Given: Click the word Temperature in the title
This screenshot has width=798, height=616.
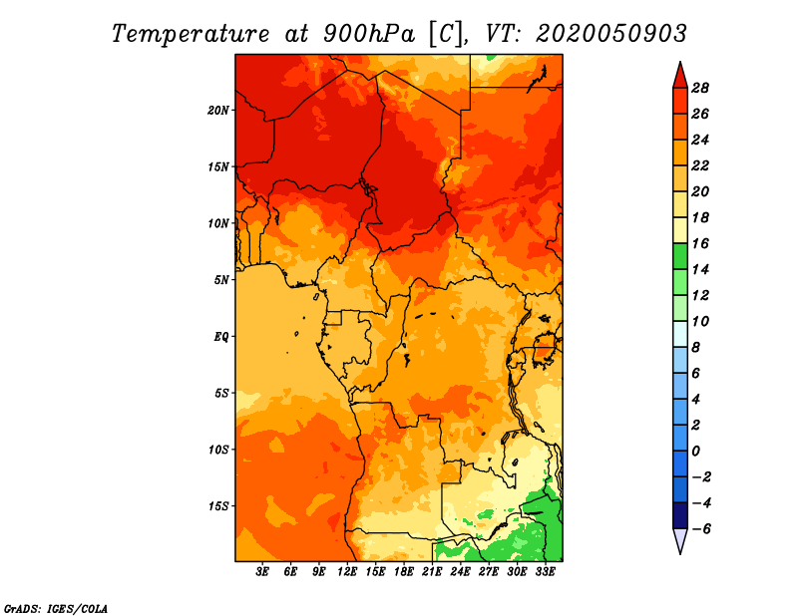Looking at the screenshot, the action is (x=191, y=34).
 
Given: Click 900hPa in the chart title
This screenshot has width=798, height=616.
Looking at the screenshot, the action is (x=368, y=34).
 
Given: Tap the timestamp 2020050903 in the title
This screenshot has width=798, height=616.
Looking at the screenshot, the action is (x=611, y=34).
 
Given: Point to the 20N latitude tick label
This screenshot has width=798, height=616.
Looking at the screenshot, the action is (x=217, y=111).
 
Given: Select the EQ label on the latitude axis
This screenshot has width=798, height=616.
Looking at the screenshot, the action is (x=220, y=337).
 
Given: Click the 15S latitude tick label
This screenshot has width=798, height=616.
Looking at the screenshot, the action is (x=218, y=506).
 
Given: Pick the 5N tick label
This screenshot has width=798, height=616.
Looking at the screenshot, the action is (x=220, y=280).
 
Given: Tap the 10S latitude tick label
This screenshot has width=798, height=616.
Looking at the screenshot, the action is (x=218, y=450).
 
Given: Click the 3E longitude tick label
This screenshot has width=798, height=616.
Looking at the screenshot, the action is (x=262, y=572).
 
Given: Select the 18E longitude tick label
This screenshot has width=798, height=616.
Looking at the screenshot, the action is (x=404, y=572).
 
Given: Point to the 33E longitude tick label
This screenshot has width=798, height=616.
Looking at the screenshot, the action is (x=545, y=572).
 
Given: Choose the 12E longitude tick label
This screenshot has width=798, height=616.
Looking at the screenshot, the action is (x=347, y=572).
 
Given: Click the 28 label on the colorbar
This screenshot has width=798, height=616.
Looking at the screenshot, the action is (x=700, y=88).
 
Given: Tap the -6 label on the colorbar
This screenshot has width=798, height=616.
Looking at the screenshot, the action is (x=701, y=529).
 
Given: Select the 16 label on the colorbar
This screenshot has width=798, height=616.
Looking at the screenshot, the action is (x=700, y=243).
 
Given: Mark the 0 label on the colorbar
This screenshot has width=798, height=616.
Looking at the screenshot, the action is (x=695, y=452).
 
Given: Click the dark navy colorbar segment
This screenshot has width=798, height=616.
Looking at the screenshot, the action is (x=680, y=515).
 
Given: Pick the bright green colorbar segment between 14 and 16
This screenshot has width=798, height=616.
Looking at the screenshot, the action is (x=680, y=256).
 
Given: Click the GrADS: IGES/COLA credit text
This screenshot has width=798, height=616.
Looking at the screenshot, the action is (x=56, y=609).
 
